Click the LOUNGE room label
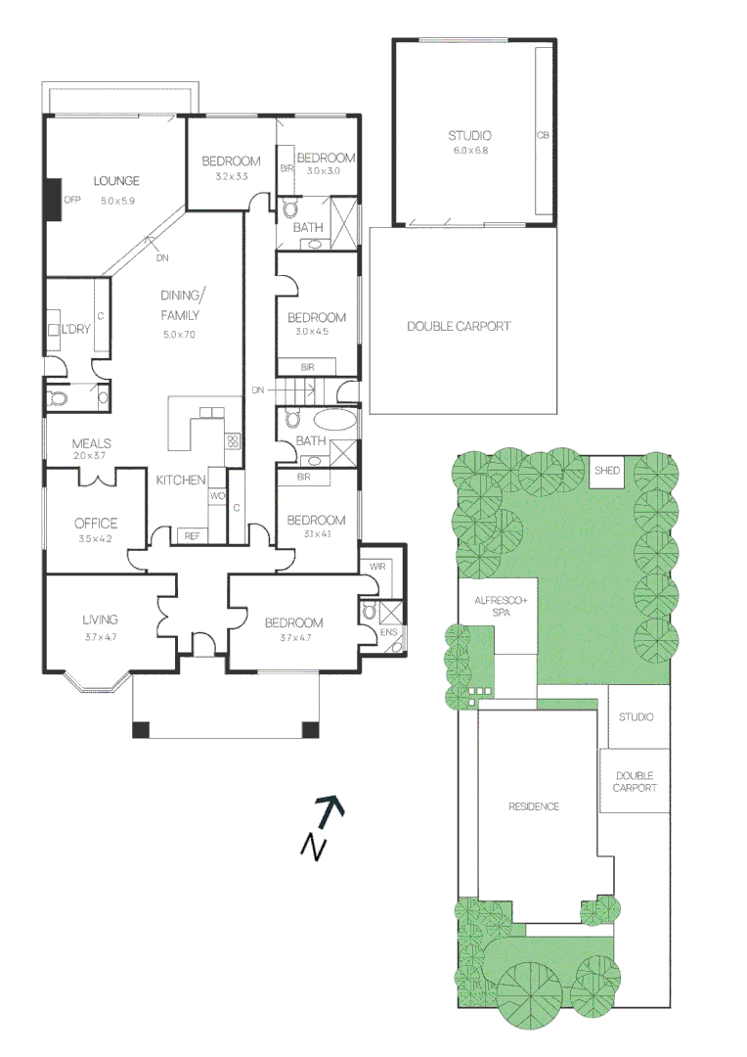116,181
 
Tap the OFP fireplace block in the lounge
53,200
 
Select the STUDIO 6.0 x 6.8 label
469,136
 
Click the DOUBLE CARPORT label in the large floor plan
459,326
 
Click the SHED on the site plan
606,471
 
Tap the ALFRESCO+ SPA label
499,605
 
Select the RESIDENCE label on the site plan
534,806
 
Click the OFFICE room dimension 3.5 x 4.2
96,538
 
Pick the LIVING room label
100,620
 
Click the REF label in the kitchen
192,535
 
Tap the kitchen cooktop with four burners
234,441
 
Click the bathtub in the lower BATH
335,422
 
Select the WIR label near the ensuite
376,567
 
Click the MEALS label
91,444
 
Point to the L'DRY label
75,329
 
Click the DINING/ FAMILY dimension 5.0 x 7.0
179,335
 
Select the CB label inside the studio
542,136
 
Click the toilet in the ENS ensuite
370,611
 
